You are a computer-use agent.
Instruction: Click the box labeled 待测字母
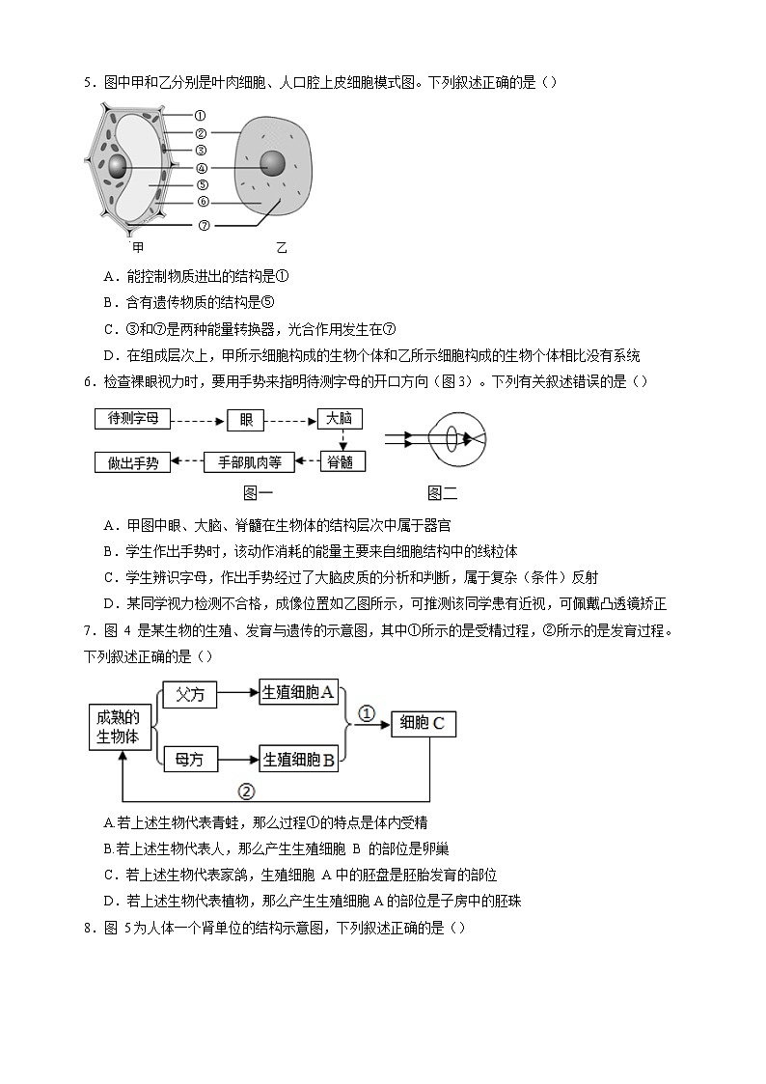click(x=133, y=419)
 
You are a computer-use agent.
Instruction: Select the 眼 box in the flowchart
click(x=245, y=419)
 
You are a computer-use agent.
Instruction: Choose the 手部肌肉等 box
click(x=249, y=461)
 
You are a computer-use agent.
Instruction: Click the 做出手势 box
click(x=133, y=461)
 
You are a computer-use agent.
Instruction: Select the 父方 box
click(x=190, y=693)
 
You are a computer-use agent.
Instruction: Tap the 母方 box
click(x=190, y=760)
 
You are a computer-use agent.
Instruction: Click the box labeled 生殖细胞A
click(x=299, y=692)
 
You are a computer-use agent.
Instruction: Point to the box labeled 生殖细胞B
click(x=299, y=760)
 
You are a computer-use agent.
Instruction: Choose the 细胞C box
click(x=423, y=723)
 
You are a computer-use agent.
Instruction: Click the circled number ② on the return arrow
click(x=246, y=792)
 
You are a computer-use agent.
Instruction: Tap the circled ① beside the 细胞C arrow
click(x=367, y=714)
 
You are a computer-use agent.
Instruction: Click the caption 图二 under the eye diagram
click(x=442, y=493)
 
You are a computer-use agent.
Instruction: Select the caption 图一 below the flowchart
click(x=257, y=493)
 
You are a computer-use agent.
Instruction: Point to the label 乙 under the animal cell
click(x=282, y=248)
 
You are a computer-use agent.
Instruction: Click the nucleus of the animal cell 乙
click(x=273, y=163)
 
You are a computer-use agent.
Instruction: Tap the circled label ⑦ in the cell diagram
click(x=204, y=225)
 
